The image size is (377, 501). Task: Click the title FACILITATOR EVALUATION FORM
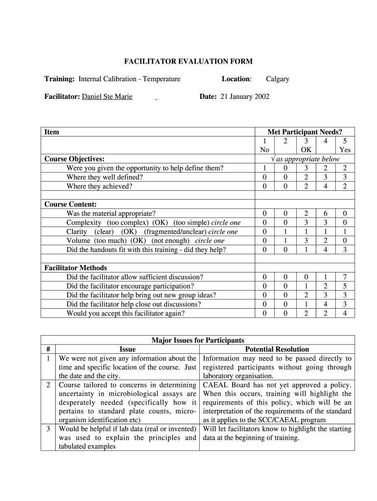click(188, 62)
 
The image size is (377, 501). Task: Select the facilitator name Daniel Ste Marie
click(107, 97)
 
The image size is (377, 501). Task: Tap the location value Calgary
click(277, 79)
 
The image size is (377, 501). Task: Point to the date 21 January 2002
click(245, 97)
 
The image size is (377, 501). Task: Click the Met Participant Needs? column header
click(305, 132)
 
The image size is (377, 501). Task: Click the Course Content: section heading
click(71, 204)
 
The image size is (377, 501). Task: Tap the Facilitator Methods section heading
click(75, 268)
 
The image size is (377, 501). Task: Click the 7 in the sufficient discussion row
click(345, 277)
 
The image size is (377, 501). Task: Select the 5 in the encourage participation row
click(345, 286)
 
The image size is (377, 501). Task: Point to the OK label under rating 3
click(306, 150)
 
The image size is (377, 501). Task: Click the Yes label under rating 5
click(345, 150)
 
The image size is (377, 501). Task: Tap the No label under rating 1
click(264, 150)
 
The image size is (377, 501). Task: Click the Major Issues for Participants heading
click(198, 340)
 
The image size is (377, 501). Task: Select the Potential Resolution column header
click(277, 349)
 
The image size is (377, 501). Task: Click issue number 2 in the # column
click(48, 385)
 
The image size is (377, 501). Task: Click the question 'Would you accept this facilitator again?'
click(125, 313)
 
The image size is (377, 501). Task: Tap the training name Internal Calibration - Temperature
click(129, 79)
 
